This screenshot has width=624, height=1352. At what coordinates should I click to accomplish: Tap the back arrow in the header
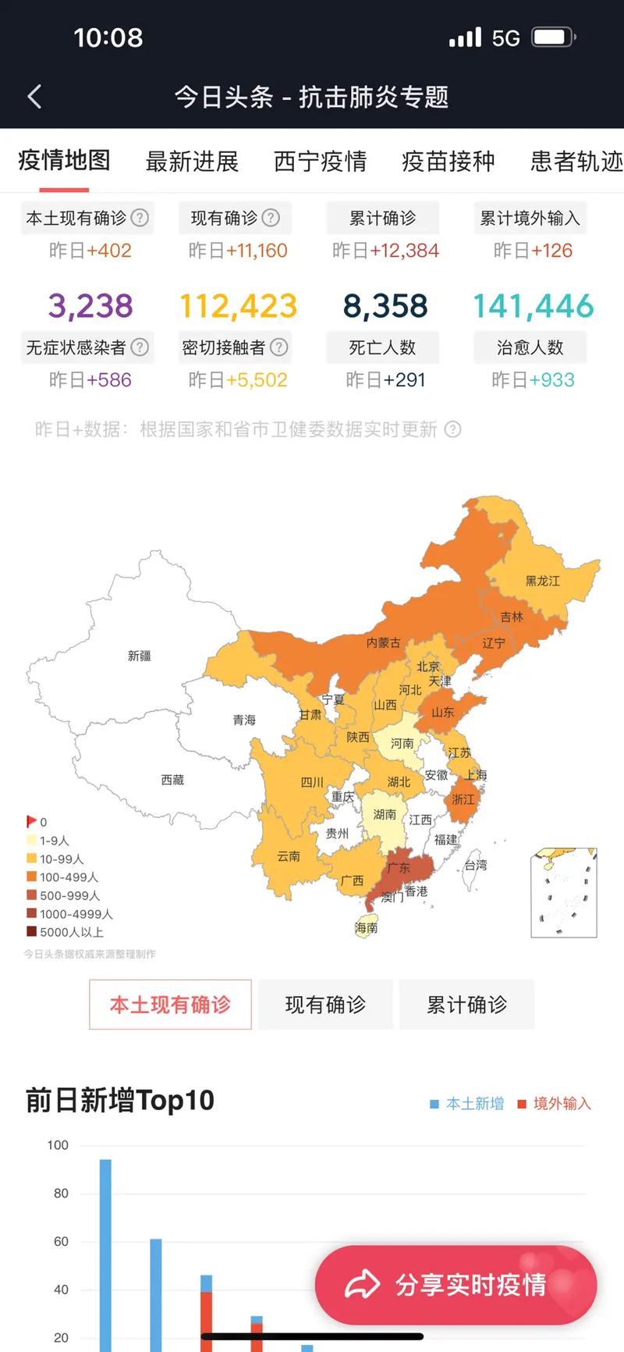click(x=34, y=97)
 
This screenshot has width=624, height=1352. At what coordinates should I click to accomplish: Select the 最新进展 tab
click(x=192, y=162)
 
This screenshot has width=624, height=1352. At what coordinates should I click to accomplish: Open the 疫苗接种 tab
click(x=448, y=162)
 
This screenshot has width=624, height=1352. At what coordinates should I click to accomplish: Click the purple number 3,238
click(x=90, y=305)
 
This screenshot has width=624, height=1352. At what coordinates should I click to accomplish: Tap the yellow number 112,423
click(x=238, y=305)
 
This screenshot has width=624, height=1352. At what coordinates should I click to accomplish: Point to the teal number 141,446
click(x=533, y=305)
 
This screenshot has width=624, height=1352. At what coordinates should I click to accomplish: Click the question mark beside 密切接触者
click(x=279, y=347)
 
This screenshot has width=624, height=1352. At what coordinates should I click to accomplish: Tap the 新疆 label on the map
click(x=140, y=656)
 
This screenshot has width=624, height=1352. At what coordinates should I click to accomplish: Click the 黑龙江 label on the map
click(x=542, y=581)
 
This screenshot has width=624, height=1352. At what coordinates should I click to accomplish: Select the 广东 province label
click(x=399, y=868)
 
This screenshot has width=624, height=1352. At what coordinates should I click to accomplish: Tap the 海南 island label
click(x=366, y=927)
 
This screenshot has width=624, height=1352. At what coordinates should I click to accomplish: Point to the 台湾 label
click(x=476, y=865)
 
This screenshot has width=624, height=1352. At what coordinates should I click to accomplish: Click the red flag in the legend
click(x=31, y=821)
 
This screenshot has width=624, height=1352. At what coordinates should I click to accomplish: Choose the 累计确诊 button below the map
click(x=466, y=1005)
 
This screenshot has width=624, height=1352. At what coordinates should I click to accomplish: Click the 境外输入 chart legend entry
click(x=555, y=1104)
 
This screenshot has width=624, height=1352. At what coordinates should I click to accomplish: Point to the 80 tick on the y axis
click(x=61, y=1194)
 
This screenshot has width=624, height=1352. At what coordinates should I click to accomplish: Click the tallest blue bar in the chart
click(x=105, y=1249)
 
